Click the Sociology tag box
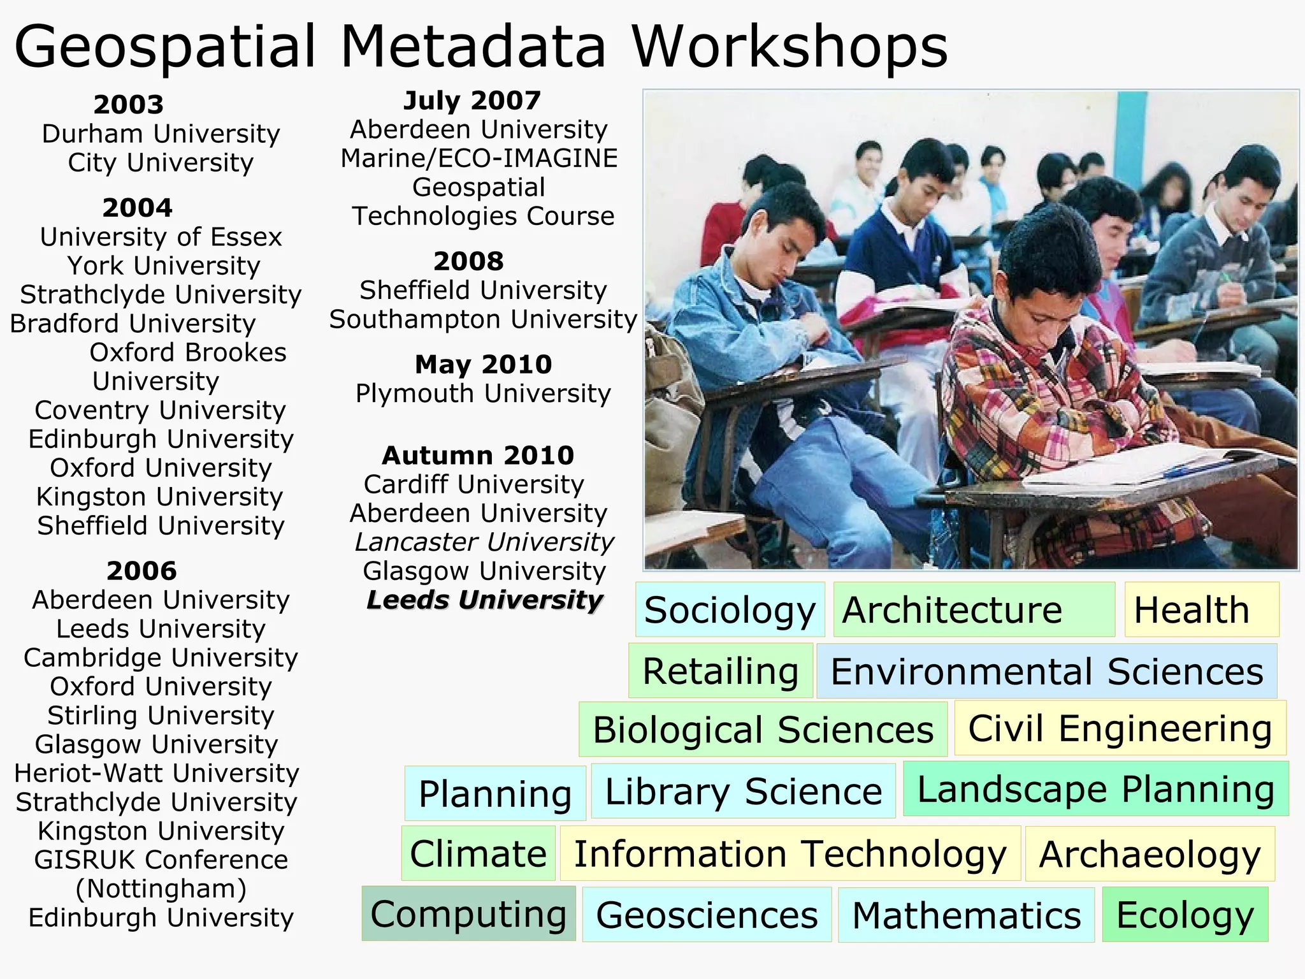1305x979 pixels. tap(730, 610)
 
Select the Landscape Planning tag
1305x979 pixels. tap(1095, 789)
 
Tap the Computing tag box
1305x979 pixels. tap(468, 914)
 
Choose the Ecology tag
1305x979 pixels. tap(1185, 915)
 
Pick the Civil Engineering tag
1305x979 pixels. tap(1120, 728)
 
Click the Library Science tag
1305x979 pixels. tap(743, 791)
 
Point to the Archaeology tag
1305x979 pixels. tap(1150, 853)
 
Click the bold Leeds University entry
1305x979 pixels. tap(484, 600)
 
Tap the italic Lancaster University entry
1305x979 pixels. tap(484, 542)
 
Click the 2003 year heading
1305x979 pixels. tap(129, 105)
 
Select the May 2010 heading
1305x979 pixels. tap(483, 365)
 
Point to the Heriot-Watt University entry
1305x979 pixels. tap(157, 773)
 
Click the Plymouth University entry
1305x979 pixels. tap(483, 393)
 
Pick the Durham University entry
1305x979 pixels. tap(161, 134)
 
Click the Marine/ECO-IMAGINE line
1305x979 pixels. tap(479, 158)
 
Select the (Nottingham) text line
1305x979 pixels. tap(161, 888)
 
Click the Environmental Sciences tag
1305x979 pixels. tap(1046, 671)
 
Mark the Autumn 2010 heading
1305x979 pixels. tap(478, 456)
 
